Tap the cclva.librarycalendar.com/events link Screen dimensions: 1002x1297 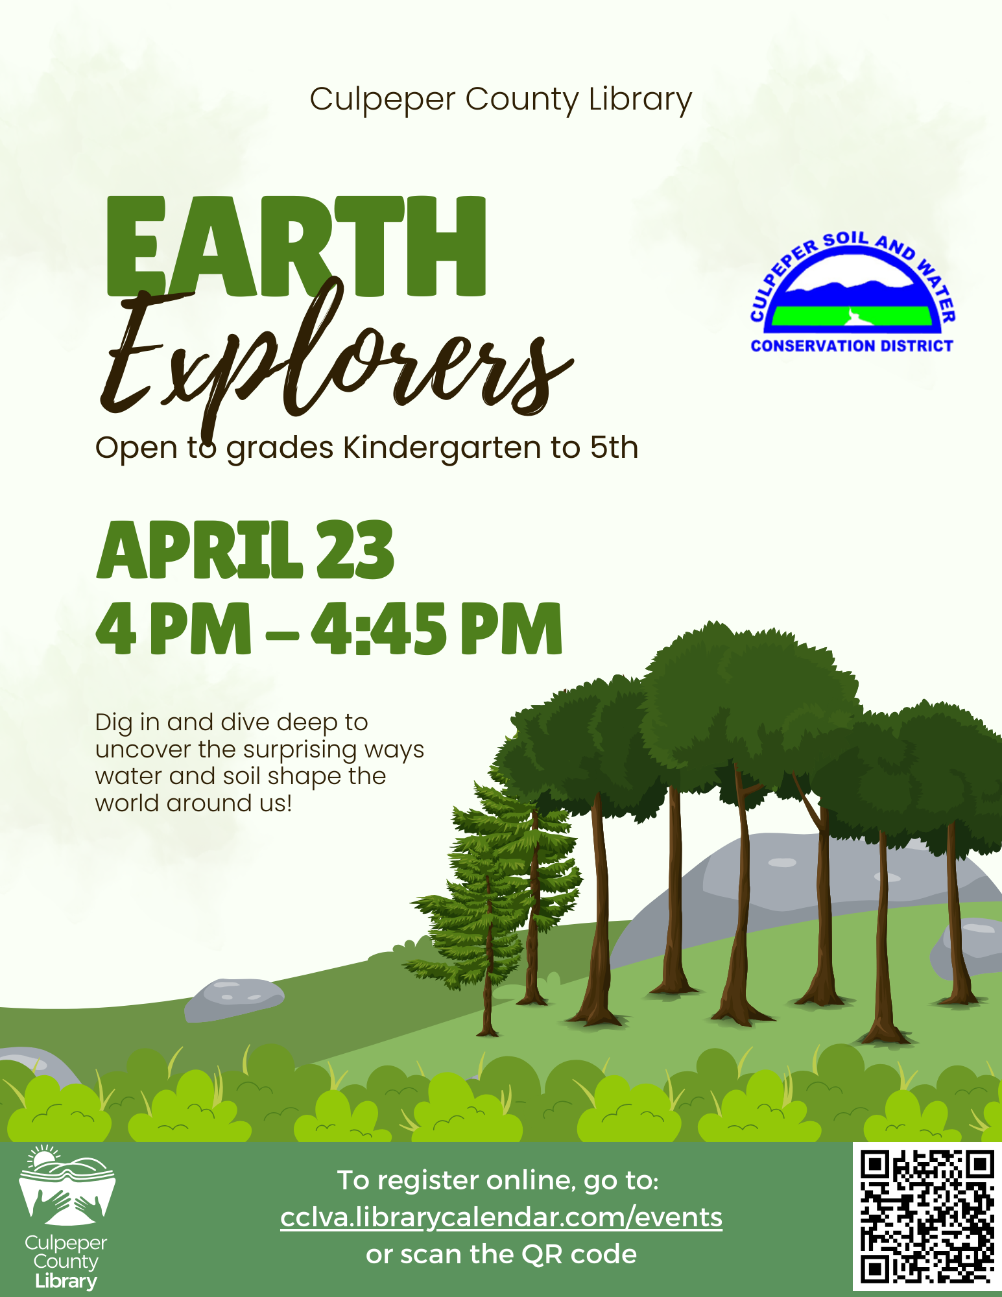click(x=501, y=1218)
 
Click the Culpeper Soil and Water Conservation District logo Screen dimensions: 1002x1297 click(x=852, y=292)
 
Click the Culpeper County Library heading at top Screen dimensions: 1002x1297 click(x=501, y=101)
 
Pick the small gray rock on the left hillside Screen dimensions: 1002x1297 click(x=234, y=999)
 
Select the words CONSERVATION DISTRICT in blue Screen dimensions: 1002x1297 click(x=852, y=346)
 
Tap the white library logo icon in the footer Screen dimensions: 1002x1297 click(x=67, y=1185)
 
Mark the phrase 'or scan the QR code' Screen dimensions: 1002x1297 click(x=501, y=1255)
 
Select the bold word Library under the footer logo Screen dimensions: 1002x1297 click(x=66, y=1281)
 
